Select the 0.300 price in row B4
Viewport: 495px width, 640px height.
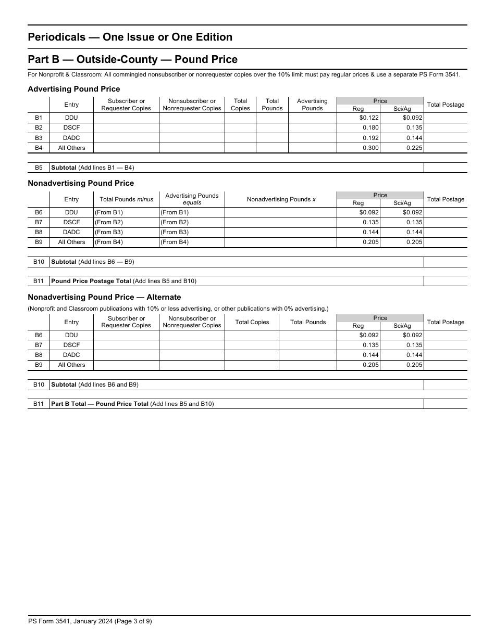coord(370,148)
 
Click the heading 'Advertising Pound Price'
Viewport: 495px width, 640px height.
coord(73,89)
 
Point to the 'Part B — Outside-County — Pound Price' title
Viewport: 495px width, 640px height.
coord(132,59)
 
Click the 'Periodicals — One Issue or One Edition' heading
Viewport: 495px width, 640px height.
coord(130,37)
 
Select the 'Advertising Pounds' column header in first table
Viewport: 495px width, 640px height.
coord(312,105)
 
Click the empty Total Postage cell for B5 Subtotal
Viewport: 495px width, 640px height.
coord(445,168)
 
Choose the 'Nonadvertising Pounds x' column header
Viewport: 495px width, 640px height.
coord(281,199)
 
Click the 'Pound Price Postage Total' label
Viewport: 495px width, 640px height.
coord(91,281)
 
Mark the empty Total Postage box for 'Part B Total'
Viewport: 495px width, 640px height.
coord(445,404)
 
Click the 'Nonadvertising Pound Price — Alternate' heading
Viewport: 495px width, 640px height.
coord(104,297)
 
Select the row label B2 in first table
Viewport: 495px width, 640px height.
coord(39,128)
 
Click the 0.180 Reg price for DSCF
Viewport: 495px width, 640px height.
coord(370,128)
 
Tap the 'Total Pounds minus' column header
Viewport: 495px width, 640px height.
coord(126,199)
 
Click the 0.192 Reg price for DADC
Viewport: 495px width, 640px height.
coord(370,138)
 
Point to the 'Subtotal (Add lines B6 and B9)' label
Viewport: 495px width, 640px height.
coord(94,385)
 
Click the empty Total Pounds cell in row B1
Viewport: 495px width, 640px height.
coord(272,118)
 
